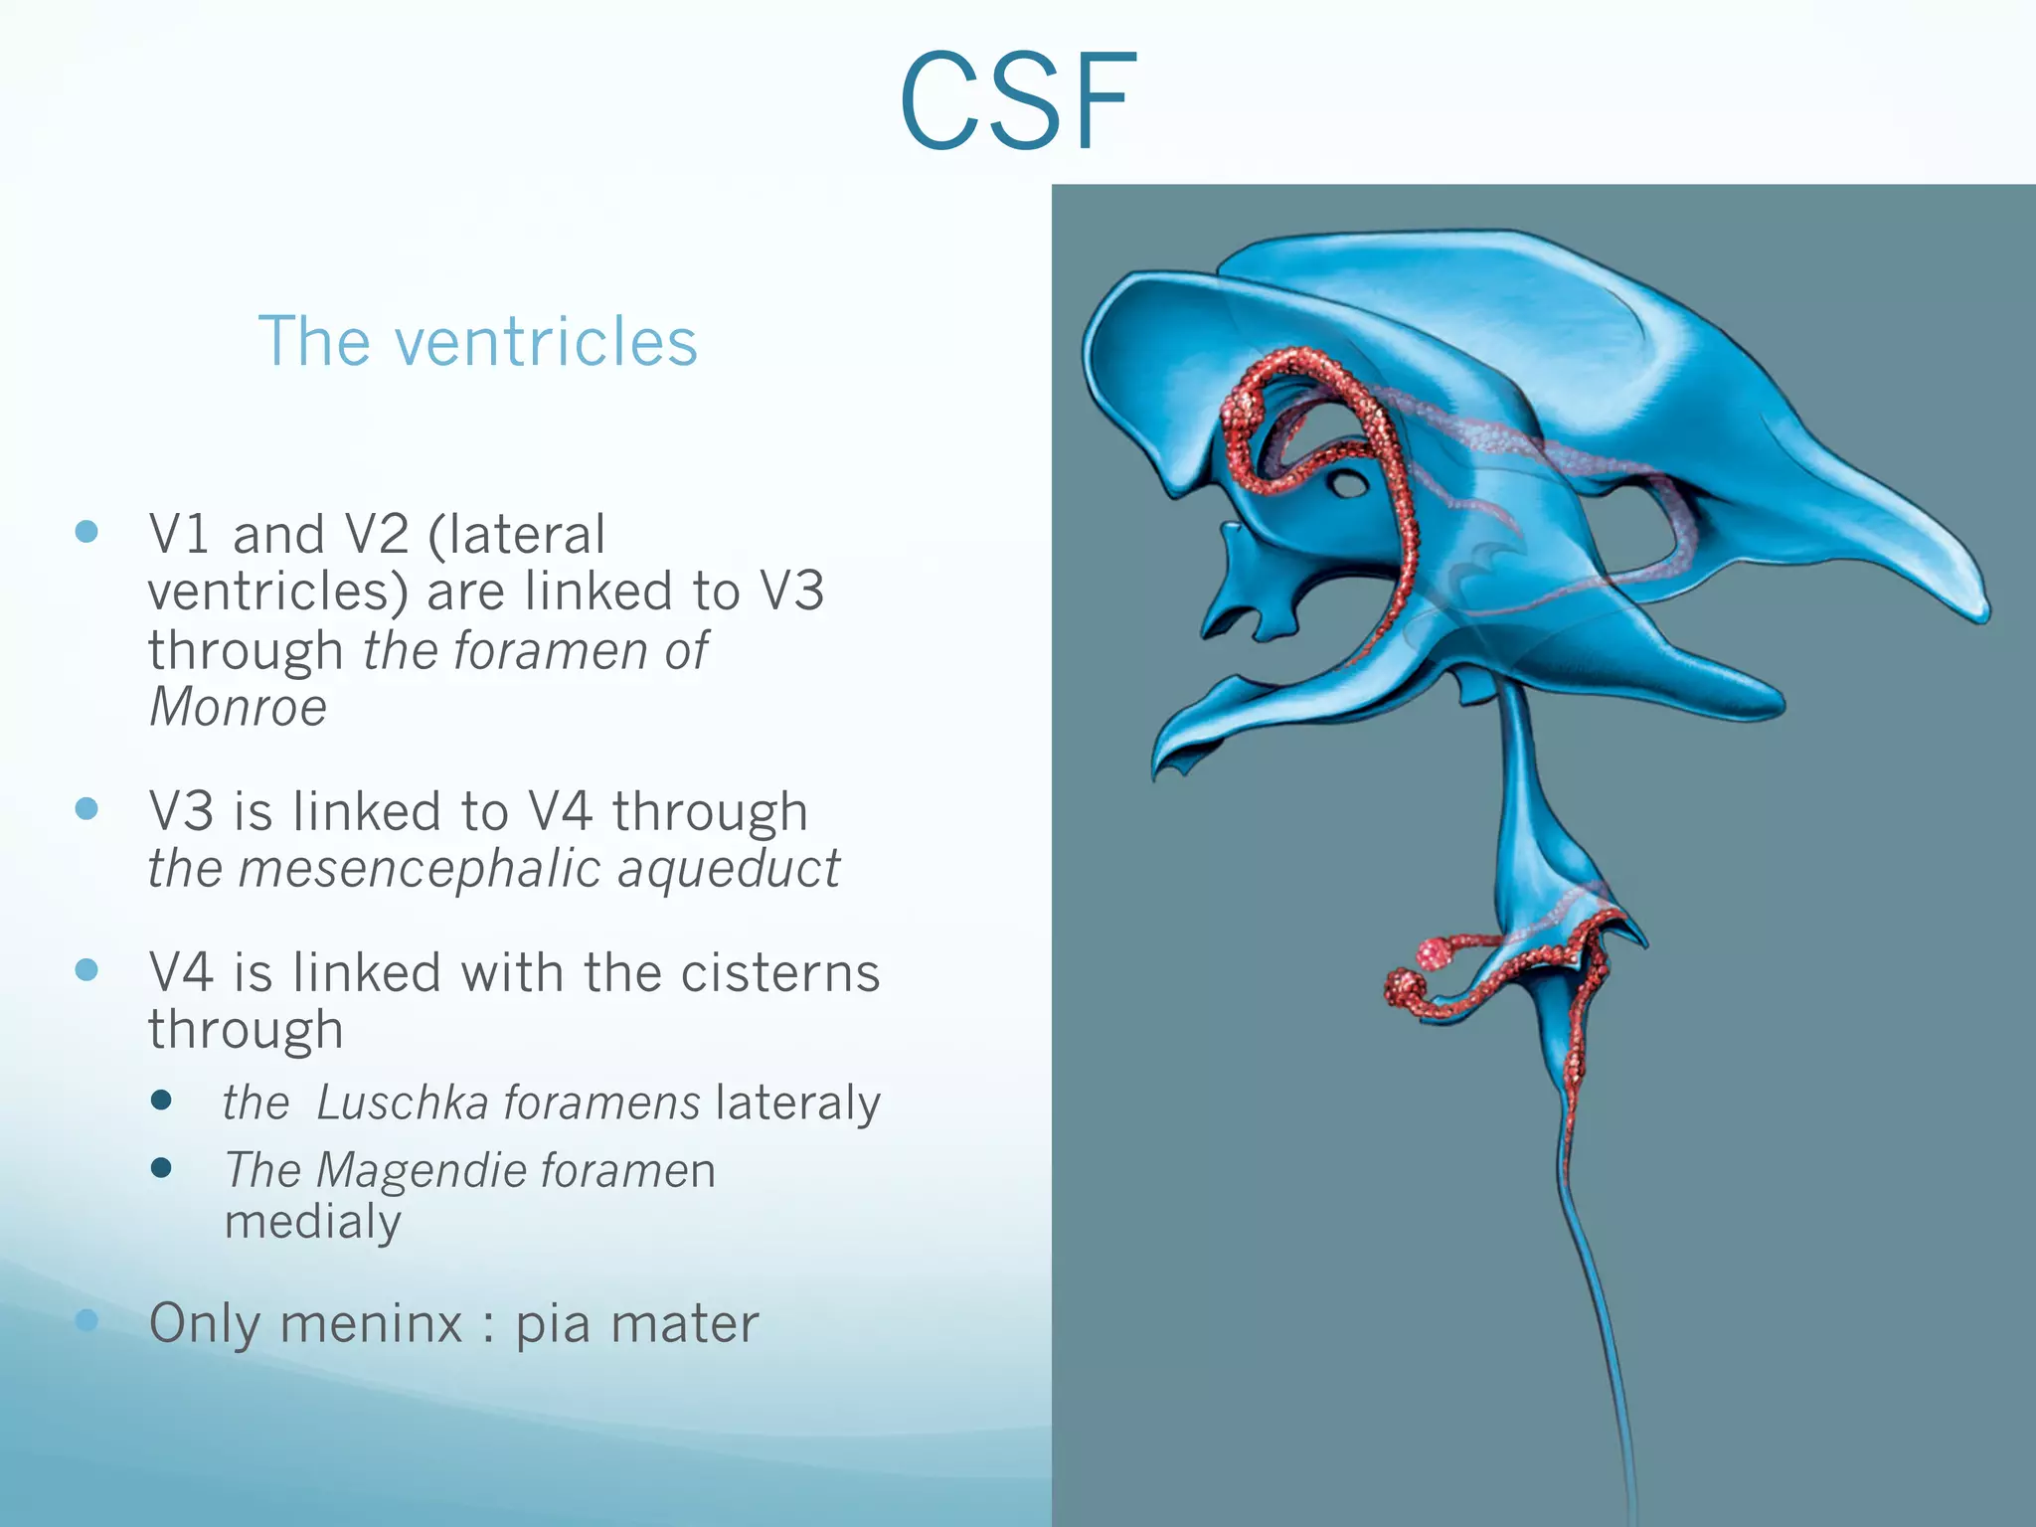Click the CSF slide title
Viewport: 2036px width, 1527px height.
[1018, 103]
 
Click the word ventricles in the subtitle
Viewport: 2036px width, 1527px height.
[546, 342]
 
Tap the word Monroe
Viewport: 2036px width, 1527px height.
[238, 708]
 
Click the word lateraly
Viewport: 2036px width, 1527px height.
[797, 1103]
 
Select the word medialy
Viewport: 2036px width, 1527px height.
[312, 1222]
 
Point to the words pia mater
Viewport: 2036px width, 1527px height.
[636, 1324]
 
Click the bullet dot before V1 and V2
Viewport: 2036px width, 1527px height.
[87, 531]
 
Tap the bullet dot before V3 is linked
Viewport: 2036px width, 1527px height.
[87, 808]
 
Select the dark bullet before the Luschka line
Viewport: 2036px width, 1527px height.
[161, 1100]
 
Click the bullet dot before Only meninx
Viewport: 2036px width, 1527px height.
[87, 1319]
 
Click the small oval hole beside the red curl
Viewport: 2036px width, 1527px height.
[1349, 485]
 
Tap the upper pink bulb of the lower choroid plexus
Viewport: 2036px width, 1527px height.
[1433, 952]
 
